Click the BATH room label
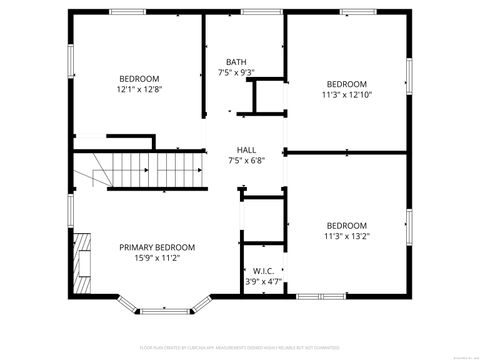pyautogui.click(x=236, y=61)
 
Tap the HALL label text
pyautogui.click(x=246, y=149)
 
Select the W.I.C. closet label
pyautogui.click(x=264, y=270)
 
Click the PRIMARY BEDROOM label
pyautogui.click(x=157, y=247)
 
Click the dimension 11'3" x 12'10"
pyautogui.click(x=346, y=95)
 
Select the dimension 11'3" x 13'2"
pyautogui.click(x=346, y=237)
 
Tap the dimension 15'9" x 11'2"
pyautogui.click(x=157, y=258)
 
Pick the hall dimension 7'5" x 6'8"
pyautogui.click(x=246, y=160)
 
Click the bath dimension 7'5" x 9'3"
pyautogui.click(x=236, y=72)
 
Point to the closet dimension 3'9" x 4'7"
pyautogui.click(x=264, y=282)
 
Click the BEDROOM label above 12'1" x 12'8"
pyautogui.click(x=139, y=79)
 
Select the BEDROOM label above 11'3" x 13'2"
pyautogui.click(x=346, y=225)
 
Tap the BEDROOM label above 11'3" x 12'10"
pyautogui.click(x=346, y=84)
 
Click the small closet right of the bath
pyautogui.click(x=267, y=97)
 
